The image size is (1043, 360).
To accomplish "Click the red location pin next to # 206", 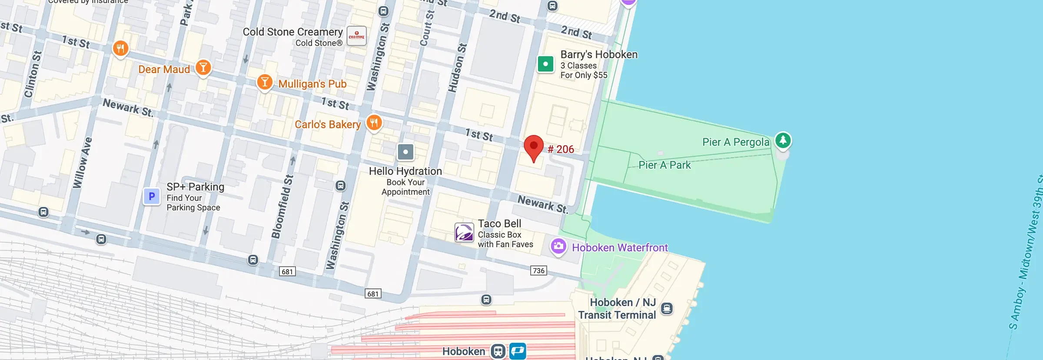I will point(533,147).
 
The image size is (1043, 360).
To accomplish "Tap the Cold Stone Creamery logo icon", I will point(357,36).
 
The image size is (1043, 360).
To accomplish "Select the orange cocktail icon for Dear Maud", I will point(203,67).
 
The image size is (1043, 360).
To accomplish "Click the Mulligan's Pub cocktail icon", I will point(265,82).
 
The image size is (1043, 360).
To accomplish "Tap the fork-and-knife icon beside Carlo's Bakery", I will point(374,122).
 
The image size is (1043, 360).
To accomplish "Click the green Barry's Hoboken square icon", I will point(545,64).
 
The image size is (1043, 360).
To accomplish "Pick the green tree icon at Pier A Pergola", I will point(783,140).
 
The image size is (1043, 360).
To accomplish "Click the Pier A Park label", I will point(664,165).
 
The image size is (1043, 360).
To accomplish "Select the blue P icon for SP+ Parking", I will point(152,197).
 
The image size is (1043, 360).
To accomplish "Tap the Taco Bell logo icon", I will point(464,233).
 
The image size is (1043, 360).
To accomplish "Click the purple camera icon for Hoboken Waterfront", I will point(558,246).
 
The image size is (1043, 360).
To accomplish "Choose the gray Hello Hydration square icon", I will point(405,152).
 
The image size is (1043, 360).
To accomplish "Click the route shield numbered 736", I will point(538,270).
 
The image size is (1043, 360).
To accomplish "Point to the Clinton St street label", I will point(33,74).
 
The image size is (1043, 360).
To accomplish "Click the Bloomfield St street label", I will point(282,207).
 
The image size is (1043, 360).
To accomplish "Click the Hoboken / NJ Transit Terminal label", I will point(617,309).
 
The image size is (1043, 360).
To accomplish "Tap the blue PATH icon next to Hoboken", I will point(518,351).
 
